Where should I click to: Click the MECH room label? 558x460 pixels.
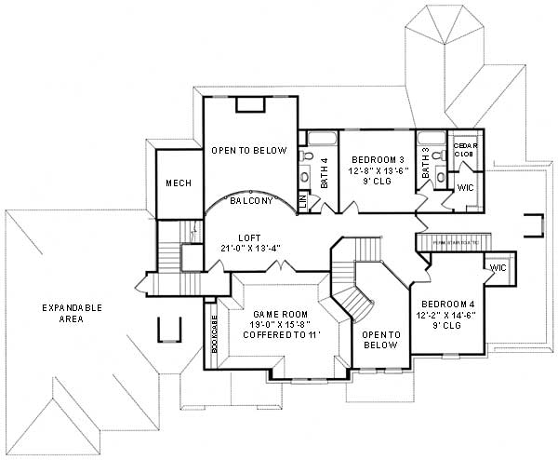179,183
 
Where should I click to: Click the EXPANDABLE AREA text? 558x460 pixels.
72,313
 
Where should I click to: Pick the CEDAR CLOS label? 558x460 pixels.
465,150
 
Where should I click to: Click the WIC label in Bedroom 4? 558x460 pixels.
497,268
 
